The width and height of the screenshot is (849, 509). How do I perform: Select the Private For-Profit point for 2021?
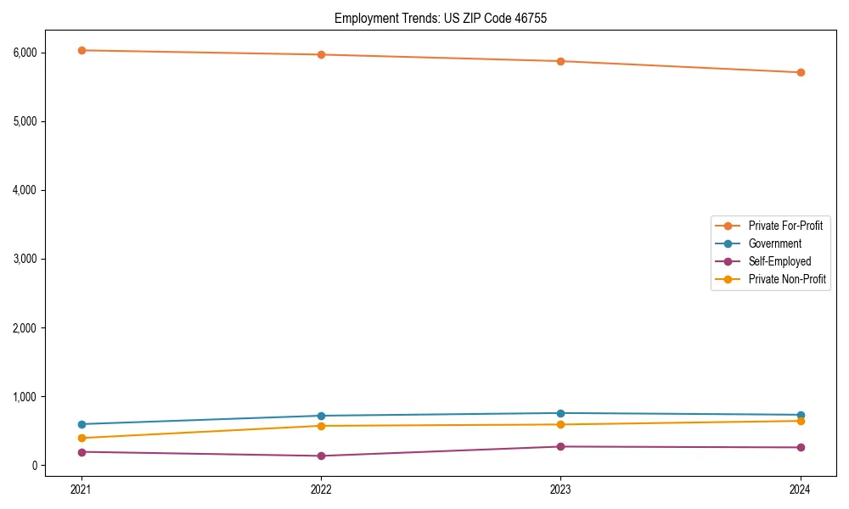pos(82,50)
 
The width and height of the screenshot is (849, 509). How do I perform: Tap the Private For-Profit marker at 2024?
pos(801,72)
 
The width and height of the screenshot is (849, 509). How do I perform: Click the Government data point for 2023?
pos(560,413)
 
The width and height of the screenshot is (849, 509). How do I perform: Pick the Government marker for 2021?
pos(82,424)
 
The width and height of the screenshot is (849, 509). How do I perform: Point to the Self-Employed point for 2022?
pos(321,456)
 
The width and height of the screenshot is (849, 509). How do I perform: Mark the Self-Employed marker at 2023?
pos(560,446)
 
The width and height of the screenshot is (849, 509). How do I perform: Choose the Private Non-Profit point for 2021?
pos(82,438)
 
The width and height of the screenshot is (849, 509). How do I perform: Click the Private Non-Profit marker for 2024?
pos(801,421)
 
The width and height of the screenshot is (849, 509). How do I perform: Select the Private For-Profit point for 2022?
pos(321,54)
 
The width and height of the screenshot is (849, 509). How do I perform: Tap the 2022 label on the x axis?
pos(321,489)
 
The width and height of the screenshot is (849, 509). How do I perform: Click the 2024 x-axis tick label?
pos(801,489)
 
